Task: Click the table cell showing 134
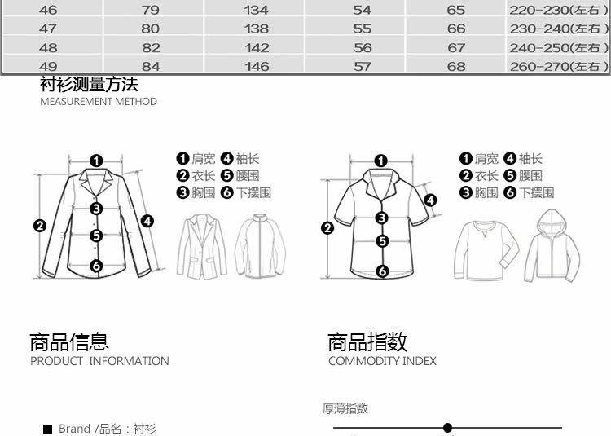tap(257, 11)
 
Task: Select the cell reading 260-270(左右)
tap(559, 67)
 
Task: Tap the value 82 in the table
tap(152, 48)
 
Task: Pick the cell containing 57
tap(363, 67)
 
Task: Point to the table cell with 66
tap(456, 29)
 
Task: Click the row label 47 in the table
tap(48, 29)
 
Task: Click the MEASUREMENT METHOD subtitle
tap(99, 102)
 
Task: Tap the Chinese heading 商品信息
tap(69, 342)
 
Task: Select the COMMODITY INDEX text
tap(382, 361)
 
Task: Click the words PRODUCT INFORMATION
tap(99, 361)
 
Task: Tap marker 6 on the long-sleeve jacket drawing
tap(96, 265)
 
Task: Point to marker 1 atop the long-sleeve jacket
tap(96, 161)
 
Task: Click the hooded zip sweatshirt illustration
tap(552, 245)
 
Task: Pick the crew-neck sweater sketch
tap(487, 248)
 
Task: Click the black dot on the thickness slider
tap(447, 428)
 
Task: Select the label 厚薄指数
tap(345, 408)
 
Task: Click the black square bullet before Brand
tap(48, 429)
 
